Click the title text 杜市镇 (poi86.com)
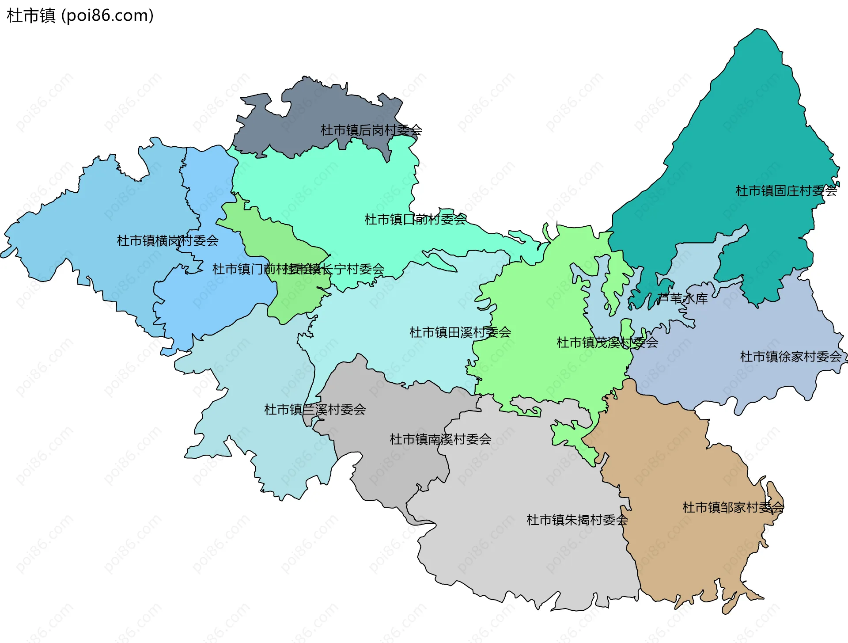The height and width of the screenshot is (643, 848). pos(80,15)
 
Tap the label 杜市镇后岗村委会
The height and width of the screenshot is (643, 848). pos(371,130)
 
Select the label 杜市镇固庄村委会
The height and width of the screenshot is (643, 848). pos(786,191)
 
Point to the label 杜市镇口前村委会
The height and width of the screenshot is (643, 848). pos(415,220)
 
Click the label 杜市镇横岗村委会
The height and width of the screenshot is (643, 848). pos(167,241)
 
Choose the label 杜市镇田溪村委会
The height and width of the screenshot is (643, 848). pos(460,332)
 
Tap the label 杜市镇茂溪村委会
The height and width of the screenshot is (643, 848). pos(607,342)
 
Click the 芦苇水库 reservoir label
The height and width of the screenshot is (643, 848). pos(682,299)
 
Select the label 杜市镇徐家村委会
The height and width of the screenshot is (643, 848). pos(791,357)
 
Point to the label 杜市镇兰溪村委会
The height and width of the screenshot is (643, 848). pos(315,410)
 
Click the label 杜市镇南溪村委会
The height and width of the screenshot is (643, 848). pos(440,439)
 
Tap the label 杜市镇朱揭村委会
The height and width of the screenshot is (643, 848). pos(577,520)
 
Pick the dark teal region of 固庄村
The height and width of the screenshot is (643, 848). pos(751,133)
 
